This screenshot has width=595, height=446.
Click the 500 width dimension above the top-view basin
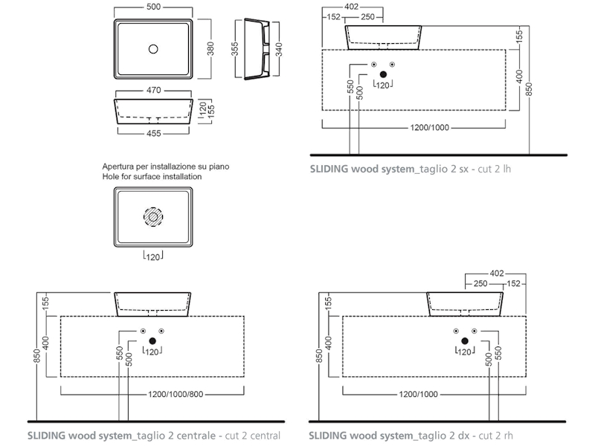(154, 7)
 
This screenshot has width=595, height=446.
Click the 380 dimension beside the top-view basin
(210, 48)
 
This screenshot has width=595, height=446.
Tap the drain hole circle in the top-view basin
(153, 49)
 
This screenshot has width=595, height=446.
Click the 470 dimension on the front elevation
(154, 90)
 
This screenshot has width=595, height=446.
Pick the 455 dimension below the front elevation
(153, 134)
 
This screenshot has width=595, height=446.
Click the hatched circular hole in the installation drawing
(153, 217)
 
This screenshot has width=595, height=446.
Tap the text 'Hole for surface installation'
(152, 177)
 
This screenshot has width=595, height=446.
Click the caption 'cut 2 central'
(248, 435)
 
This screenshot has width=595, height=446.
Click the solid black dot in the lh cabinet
(384, 74)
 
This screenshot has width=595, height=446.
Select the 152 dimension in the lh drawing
(334, 17)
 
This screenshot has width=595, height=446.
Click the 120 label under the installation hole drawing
(153, 256)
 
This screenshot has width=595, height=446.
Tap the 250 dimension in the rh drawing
(480, 284)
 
